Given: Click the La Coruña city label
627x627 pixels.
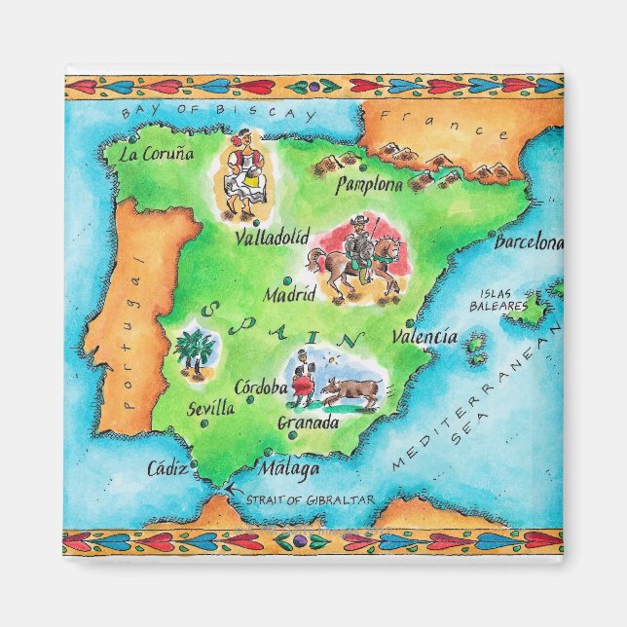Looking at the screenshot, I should (156, 154).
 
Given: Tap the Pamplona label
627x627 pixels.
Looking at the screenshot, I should (369, 184).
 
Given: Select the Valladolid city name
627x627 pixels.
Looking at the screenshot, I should (272, 237).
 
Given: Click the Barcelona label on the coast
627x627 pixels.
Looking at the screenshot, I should (529, 242).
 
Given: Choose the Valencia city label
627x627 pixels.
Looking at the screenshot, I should (424, 337).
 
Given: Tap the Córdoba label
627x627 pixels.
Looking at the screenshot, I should (261, 387).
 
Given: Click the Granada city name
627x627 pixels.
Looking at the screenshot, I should (308, 424).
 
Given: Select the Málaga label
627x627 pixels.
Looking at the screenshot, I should (289, 469).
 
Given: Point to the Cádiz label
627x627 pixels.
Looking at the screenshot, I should (166, 469).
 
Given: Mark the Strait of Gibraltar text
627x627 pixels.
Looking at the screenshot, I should (310, 499).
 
